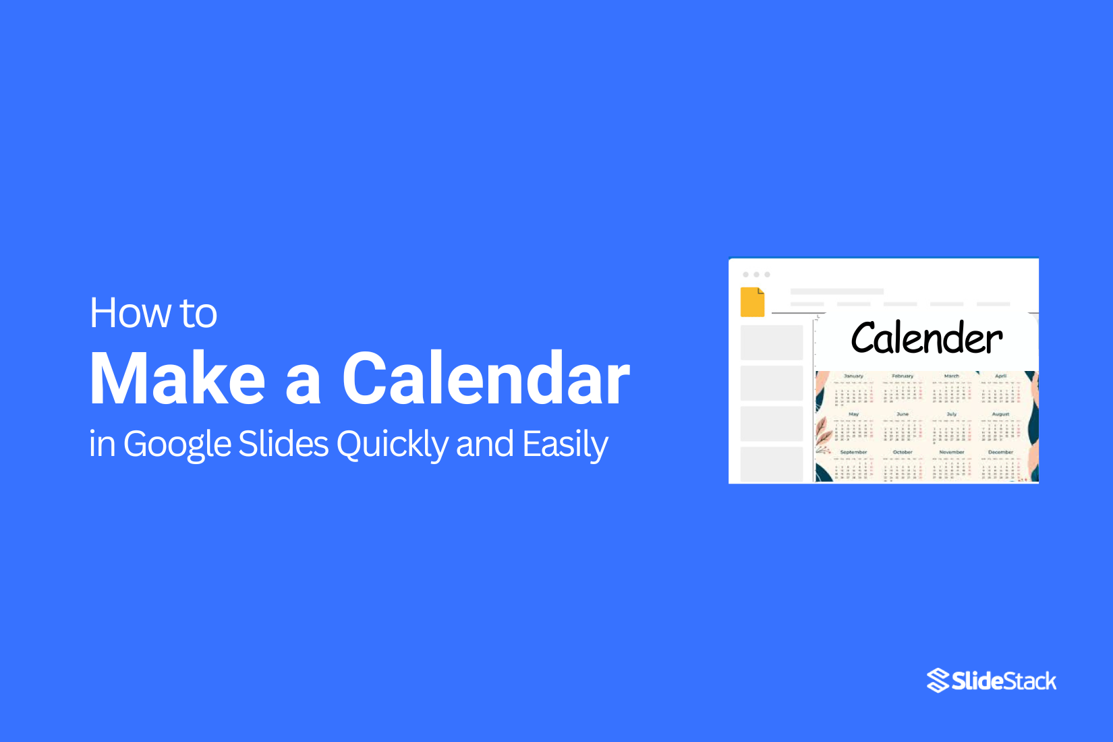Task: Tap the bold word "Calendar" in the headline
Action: (486, 379)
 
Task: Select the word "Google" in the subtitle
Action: (178, 445)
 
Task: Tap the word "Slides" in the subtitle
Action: (283, 445)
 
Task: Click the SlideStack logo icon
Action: (938, 681)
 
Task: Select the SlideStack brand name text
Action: (1004, 681)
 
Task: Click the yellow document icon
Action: (752, 302)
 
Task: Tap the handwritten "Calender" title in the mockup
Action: (927, 338)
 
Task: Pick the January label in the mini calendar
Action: (853, 376)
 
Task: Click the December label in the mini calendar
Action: (1000, 452)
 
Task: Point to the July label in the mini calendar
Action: (951, 414)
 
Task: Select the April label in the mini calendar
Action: (1000, 376)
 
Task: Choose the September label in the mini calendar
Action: (853, 452)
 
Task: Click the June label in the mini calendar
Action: (903, 414)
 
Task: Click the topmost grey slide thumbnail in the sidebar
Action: (772, 343)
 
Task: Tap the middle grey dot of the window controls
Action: (756, 275)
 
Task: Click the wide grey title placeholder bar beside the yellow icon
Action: (836, 291)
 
